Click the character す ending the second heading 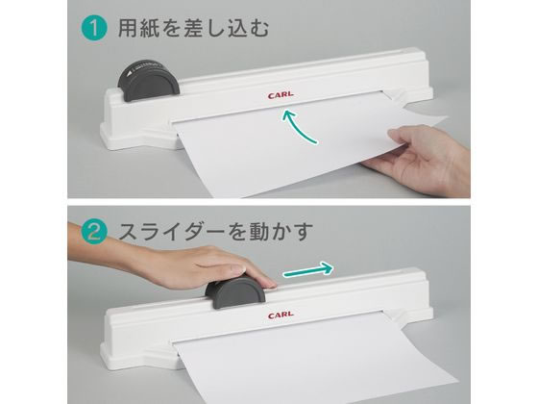pyautogui.click(x=304, y=231)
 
